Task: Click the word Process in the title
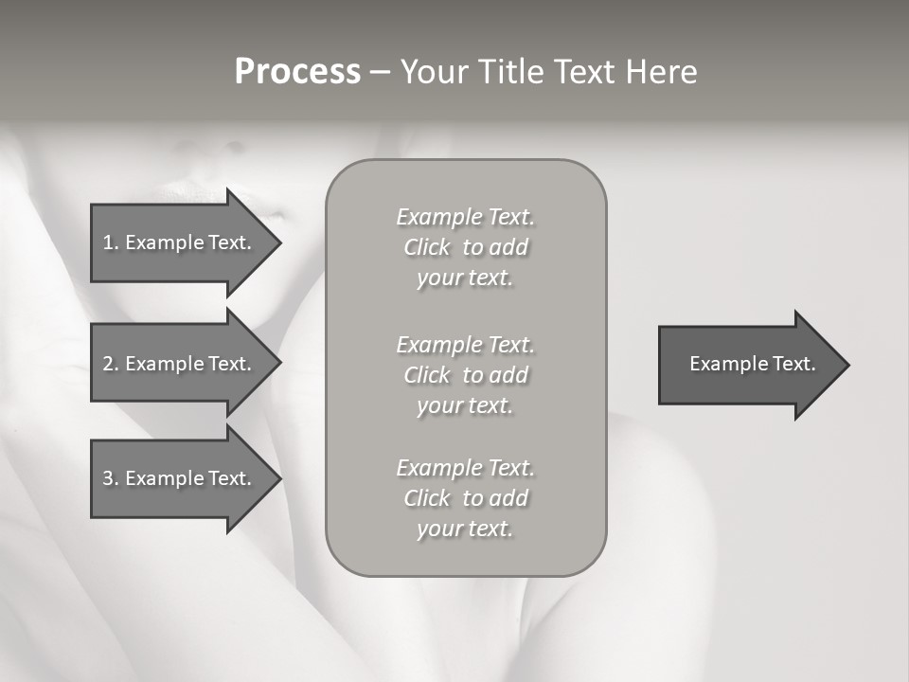(297, 72)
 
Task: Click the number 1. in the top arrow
(111, 242)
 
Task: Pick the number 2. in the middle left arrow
(111, 364)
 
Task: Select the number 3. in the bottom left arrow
(111, 478)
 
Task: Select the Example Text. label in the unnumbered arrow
(752, 364)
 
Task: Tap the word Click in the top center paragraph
(426, 248)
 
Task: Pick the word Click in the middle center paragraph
(426, 376)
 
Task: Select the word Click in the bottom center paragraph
(426, 499)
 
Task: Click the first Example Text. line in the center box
(465, 217)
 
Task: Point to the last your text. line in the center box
(465, 529)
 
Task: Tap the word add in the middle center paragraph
(508, 376)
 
